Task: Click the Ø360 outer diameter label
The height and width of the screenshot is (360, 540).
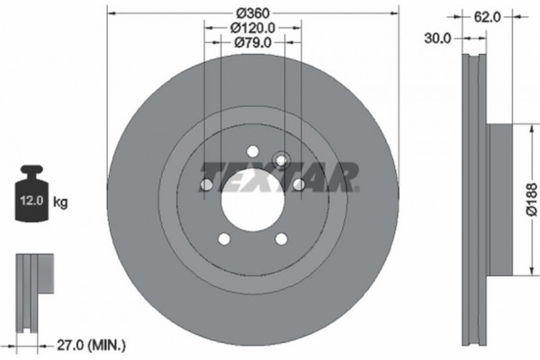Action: (x=251, y=13)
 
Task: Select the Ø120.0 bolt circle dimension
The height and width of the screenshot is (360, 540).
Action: (x=251, y=28)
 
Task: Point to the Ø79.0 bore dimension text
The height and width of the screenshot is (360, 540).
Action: (x=251, y=41)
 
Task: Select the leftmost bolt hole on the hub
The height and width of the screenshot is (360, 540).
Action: (x=206, y=185)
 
